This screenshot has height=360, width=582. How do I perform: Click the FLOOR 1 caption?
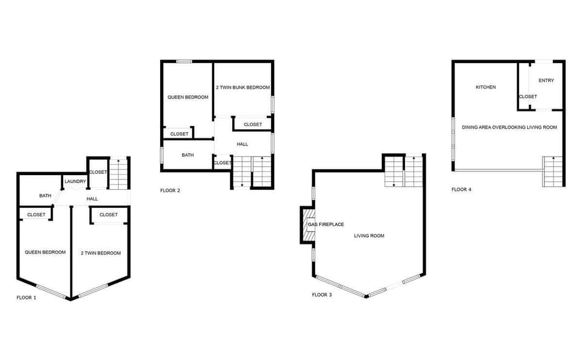pyautogui.click(x=26, y=298)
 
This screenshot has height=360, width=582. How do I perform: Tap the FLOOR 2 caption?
pyautogui.click(x=170, y=190)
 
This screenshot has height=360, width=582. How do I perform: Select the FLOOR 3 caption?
pyautogui.click(x=322, y=295)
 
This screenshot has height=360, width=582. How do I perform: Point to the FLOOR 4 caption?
pyautogui.click(x=461, y=189)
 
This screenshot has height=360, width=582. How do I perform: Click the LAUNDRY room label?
pyautogui.click(x=75, y=181)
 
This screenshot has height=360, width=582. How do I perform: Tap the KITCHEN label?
pyautogui.click(x=486, y=87)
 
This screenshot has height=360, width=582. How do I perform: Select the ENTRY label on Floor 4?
pyautogui.click(x=546, y=80)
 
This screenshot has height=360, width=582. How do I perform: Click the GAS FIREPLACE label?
pyautogui.click(x=326, y=225)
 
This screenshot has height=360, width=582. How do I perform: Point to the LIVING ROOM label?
pyautogui.click(x=369, y=236)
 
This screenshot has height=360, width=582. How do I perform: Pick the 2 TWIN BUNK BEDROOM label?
pyautogui.click(x=242, y=87)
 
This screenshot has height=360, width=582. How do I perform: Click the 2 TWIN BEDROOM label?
pyautogui.click(x=101, y=253)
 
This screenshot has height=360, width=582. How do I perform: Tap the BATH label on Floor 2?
pyautogui.click(x=188, y=155)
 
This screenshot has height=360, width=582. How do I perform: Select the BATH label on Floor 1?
pyautogui.click(x=45, y=196)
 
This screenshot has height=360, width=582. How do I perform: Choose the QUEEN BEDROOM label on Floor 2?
pyautogui.click(x=188, y=97)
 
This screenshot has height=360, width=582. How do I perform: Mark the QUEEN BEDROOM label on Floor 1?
pyautogui.click(x=45, y=252)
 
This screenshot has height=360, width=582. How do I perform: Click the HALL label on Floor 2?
pyautogui.click(x=242, y=144)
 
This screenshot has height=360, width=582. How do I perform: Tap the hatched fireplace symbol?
pyautogui.click(x=309, y=224)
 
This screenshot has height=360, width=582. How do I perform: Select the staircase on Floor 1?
pyautogui.click(x=119, y=173)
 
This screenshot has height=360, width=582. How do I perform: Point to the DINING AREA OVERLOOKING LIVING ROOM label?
pyautogui.click(x=509, y=127)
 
